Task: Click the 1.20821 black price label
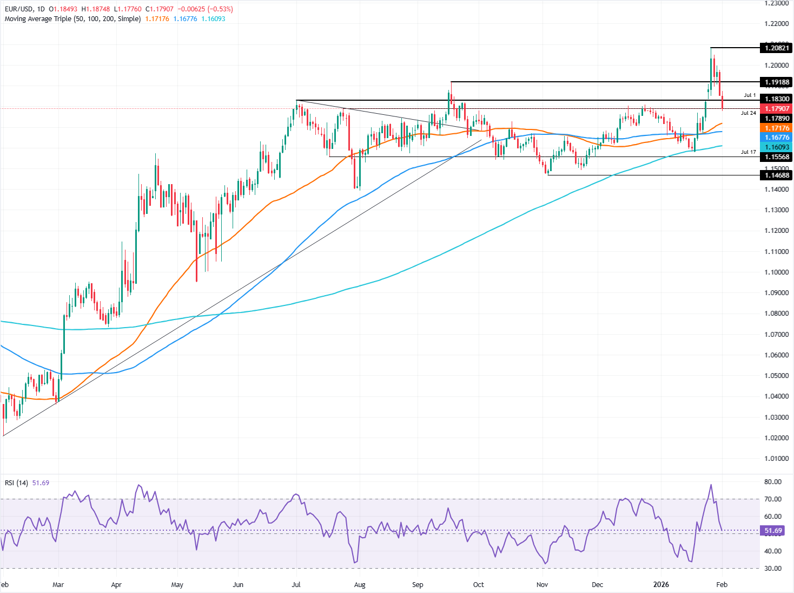(x=776, y=48)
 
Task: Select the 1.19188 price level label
(x=776, y=82)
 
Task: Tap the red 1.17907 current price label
(x=776, y=109)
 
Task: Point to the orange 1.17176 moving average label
(x=776, y=128)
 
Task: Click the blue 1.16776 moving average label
(x=776, y=138)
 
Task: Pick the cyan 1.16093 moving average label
(x=776, y=147)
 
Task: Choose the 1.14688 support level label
(x=776, y=175)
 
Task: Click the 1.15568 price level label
(x=776, y=157)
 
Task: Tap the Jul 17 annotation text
(x=749, y=152)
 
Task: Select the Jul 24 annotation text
(x=749, y=113)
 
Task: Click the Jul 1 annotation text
(x=750, y=95)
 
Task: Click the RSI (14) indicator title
(x=16, y=483)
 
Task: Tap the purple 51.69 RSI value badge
(x=773, y=531)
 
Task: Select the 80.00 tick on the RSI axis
(x=773, y=481)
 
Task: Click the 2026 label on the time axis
(x=661, y=585)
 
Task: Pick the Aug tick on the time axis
(x=360, y=585)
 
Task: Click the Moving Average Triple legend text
(x=72, y=19)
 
